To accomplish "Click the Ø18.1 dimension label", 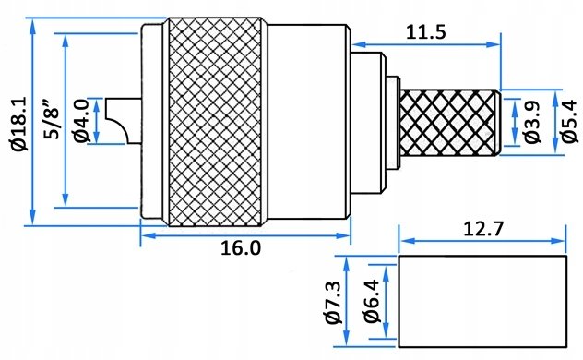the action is coord(18,124).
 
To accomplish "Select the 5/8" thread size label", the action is coord(52,119).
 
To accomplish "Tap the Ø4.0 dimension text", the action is coord(81,121).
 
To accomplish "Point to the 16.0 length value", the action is coord(241,247).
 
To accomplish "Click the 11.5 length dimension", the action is coord(425,32).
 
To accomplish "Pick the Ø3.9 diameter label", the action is coord(532,122).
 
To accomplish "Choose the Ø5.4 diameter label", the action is coord(570,121).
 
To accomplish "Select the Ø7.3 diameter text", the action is coord(332,303).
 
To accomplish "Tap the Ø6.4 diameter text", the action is coord(371,301).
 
